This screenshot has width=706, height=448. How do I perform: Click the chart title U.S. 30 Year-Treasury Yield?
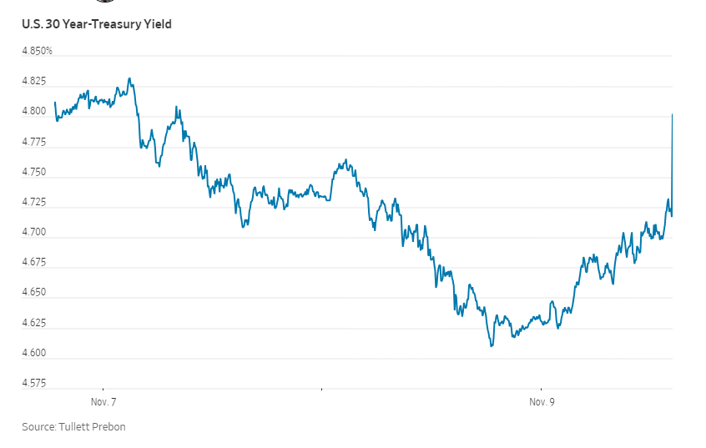click(x=97, y=24)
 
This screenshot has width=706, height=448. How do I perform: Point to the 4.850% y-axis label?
click(x=37, y=51)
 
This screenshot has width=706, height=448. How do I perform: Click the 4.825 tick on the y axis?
click(x=34, y=82)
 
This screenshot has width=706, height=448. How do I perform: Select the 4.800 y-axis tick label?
click(x=34, y=112)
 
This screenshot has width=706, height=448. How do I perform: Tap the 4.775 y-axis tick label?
click(x=34, y=143)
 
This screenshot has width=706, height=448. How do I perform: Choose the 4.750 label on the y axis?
click(x=34, y=173)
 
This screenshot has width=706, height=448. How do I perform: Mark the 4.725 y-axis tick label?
click(x=34, y=203)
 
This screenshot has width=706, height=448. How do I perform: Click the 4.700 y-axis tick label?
click(x=34, y=233)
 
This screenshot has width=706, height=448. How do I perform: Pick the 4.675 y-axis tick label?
click(x=34, y=263)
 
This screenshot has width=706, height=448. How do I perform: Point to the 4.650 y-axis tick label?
click(x=34, y=293)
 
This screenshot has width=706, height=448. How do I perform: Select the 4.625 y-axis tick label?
click(x=34, y=323)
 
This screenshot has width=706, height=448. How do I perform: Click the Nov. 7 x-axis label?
click(x=103, y=402)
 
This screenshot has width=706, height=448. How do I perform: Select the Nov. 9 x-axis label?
click(x=542, y=402)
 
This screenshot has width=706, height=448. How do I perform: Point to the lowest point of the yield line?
click(x=492, y=345)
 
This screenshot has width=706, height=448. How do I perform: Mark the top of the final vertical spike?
click(x=673, y=114)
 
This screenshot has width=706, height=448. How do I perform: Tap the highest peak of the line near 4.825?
click(x=129, y=78)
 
